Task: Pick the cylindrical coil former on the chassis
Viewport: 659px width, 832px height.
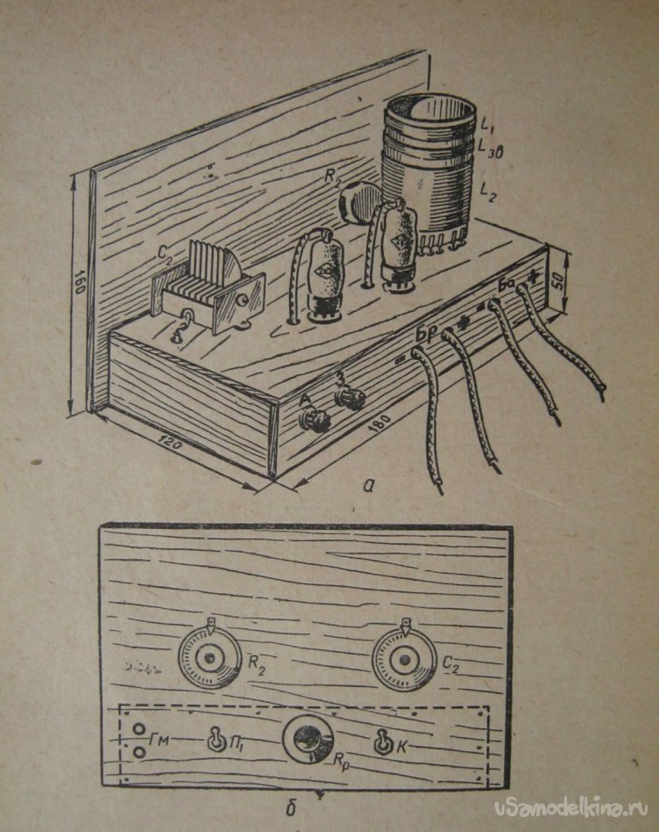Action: tap(426, 176)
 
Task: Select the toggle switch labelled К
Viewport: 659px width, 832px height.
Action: tap(384, 742)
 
